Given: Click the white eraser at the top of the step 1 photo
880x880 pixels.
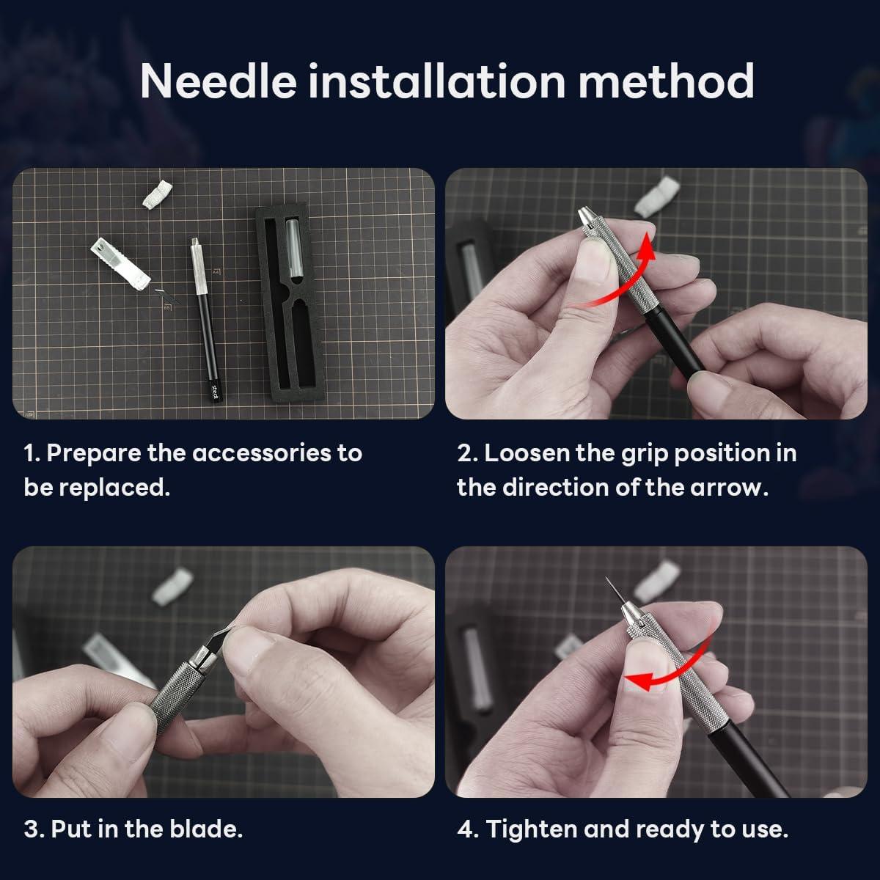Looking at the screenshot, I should point(155,194).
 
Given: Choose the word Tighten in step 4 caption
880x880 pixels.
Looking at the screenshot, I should point(532,829).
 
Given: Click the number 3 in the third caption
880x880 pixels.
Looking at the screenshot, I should point(31,829).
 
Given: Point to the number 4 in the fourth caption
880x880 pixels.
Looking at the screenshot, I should point(465,829).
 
